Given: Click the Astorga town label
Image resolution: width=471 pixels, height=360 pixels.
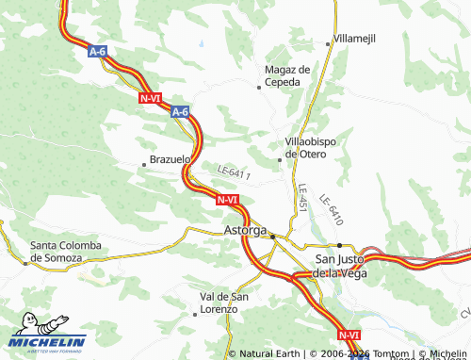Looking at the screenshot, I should (x=246, y=230).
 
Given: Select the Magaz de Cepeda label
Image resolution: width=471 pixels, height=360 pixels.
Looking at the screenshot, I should (x=288, y=75).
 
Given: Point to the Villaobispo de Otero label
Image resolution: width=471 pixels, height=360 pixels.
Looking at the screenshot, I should (x=317, y=148).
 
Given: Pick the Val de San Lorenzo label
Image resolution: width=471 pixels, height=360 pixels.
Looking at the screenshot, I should (x=225, y=303).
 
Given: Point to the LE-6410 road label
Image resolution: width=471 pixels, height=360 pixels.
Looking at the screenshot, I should (x=330, y=208).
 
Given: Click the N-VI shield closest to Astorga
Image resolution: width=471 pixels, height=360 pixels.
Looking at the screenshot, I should (x=227, y=200).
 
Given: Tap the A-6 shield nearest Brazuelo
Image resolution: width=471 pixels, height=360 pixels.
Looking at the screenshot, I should (x=181, y=112).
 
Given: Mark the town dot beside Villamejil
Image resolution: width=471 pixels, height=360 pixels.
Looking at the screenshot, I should (x=329, y=42).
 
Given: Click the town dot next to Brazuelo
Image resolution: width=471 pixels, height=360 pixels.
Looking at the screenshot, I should (x=144, y=161).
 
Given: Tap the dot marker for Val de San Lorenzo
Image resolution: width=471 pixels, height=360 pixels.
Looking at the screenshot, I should (x=195, y=314).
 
